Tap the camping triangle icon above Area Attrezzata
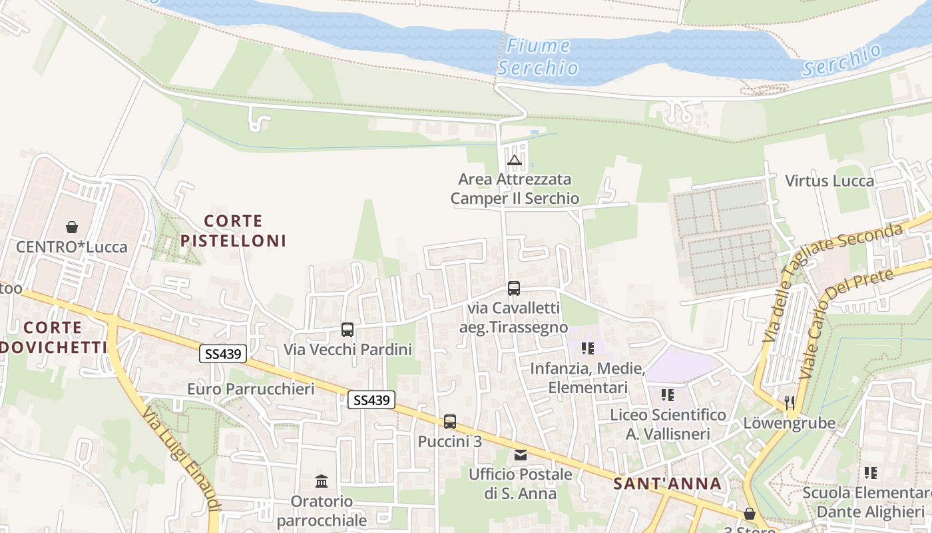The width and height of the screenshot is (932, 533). [514, 160]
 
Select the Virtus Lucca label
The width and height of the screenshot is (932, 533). [829, 181]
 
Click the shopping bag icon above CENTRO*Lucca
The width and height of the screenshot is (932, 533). [71, 227]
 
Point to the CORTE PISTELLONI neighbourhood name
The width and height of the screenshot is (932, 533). [233, 231]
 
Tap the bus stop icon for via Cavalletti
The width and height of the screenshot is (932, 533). [514, 288]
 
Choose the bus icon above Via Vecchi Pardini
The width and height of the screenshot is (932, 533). [348, 330]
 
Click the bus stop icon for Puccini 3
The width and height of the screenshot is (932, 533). [450, 422]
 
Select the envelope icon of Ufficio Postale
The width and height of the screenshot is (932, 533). [521, 455]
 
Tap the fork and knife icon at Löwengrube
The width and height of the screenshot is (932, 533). [790, 402]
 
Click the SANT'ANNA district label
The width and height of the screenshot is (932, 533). [667, 484]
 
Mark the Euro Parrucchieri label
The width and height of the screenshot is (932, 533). [250, 389]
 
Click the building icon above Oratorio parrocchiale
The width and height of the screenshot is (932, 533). [322, 481]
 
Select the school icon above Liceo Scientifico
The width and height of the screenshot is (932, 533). [668, 395]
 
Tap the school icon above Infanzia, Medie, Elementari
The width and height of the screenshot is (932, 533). [588, 348]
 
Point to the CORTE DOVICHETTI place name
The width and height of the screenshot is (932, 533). [53, 337]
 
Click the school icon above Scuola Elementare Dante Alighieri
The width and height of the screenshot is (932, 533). [870, 473]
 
